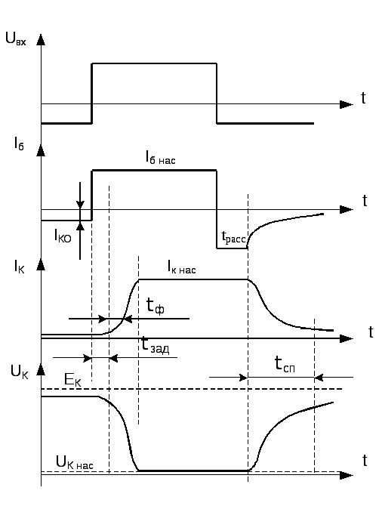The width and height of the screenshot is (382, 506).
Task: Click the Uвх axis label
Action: [x=16, y=39]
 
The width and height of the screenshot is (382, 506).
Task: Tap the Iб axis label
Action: [x=19, y=143]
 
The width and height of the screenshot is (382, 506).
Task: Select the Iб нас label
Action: [x=160, y=158]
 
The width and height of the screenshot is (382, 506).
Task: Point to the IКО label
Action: [x=63, y=236]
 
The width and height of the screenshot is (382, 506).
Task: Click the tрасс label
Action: [x=233, y=237]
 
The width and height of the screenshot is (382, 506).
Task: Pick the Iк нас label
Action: [x=182, y=267]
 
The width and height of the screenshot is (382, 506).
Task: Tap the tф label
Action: [x=156, y=305]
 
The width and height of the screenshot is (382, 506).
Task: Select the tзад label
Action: [x=156, y=345]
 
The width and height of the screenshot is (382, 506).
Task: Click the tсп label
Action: [x=285, y=364]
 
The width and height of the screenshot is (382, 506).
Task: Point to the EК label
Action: [x=72, y=380]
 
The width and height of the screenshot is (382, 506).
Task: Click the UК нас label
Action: [x=75, y=462]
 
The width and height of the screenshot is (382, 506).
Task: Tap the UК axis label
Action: [x=20, y=372]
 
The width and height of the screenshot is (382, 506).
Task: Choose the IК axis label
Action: [x=19, y=267]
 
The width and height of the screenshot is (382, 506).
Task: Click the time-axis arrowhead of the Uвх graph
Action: [x=347, y=104]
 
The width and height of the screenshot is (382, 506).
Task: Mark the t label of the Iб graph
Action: [x=365, y=201]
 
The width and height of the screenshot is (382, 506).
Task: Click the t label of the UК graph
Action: [x=365, y=461]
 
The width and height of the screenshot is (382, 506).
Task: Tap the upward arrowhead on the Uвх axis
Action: [x=41, y=39]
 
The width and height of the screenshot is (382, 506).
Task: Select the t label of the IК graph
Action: [x=371, y=332]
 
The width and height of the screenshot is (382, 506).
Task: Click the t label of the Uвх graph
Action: [x=363, y=98]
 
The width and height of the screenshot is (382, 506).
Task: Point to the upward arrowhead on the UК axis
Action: [x=41, y=369]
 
